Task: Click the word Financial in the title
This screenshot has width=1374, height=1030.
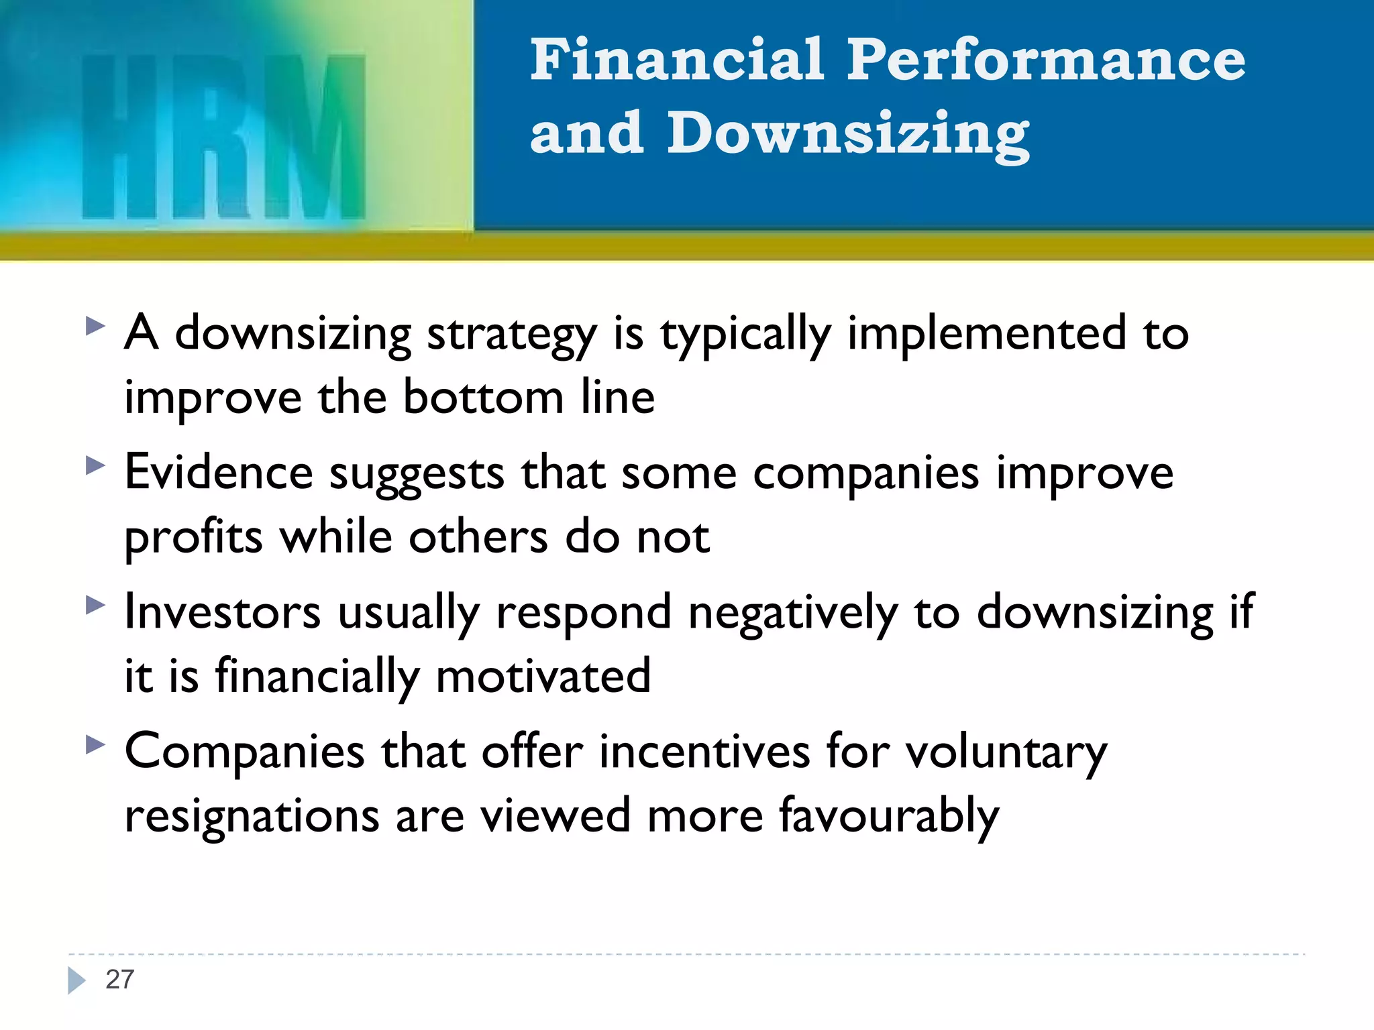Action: [x=676, y=60]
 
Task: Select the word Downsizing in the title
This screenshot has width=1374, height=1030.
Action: [x=847, y=134]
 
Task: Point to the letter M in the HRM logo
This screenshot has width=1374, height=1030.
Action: [x=314, y=137]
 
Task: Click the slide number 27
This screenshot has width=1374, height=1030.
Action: [x=120, y=980]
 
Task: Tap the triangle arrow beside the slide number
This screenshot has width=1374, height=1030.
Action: [x=76, y=980]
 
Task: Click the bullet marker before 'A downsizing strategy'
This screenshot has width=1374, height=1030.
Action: [x=96, y=327]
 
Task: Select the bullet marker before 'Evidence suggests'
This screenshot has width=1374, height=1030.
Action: [x=96, y=466]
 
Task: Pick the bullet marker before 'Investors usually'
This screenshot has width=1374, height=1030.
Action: [x=96, y=606]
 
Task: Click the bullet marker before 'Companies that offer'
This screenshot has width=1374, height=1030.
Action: [x=96, y=744]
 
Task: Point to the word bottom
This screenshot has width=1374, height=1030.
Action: [x=483, y=398]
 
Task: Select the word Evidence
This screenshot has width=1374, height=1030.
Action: [x=219, y=473]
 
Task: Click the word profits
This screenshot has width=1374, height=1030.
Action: [x=193, y=538]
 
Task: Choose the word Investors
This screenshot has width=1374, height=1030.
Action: [x=223, y=612]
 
